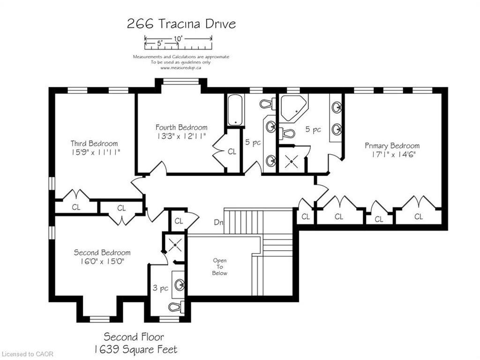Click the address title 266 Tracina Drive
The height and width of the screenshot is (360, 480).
181,24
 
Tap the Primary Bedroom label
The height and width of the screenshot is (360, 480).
392,146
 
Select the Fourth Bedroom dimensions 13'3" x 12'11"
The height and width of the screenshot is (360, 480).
181,136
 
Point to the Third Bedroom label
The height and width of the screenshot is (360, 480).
94,143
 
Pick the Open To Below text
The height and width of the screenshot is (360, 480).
220,267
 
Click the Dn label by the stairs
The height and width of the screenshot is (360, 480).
218,223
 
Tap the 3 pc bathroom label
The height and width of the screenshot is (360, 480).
160,288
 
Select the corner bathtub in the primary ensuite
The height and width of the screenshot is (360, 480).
293,108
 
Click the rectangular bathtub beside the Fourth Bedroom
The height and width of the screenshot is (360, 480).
236,110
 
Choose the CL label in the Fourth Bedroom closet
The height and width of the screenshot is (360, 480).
232,151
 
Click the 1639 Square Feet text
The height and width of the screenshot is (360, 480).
135,349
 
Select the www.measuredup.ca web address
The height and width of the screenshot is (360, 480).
180,68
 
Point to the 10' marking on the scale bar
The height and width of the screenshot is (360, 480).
178,38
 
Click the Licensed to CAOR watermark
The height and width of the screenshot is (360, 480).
27,354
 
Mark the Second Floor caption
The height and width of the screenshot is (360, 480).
134,337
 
